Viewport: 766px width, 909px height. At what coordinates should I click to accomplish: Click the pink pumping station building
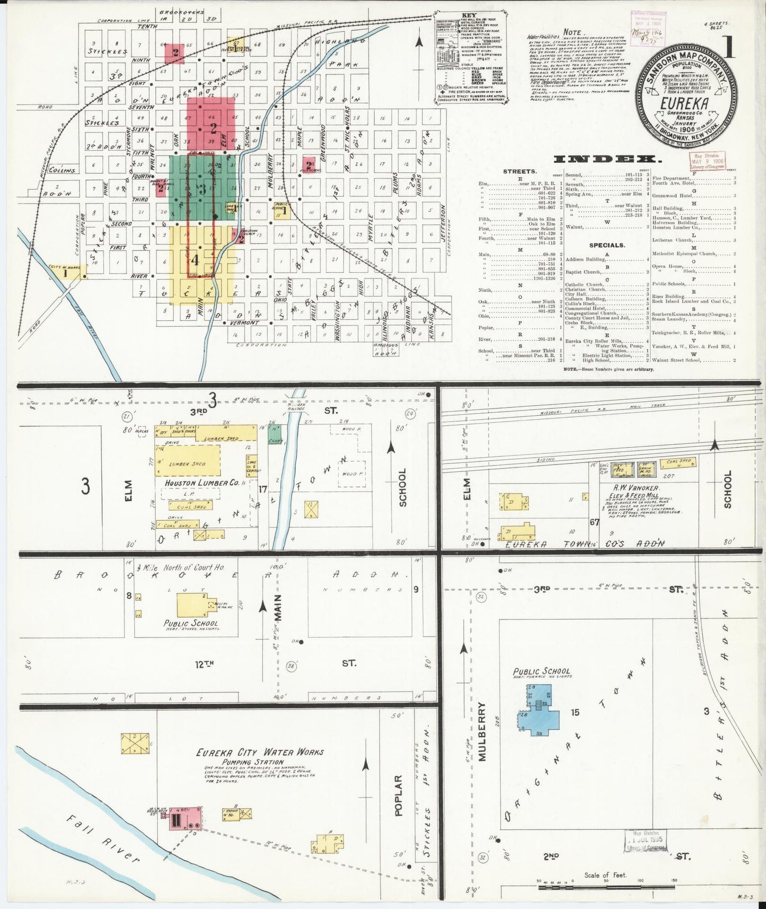point(184,834)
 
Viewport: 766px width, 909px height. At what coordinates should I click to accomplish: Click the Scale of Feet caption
point(605,875)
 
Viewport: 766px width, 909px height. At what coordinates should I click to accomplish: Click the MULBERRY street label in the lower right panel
point(482,732)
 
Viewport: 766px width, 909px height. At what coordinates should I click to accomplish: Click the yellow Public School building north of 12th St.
point(195,604)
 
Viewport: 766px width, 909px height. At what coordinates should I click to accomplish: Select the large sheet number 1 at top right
point(730,48)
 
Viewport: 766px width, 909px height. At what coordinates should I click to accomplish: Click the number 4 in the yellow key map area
point(195,260)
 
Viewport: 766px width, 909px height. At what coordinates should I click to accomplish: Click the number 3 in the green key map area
point(201,190)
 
